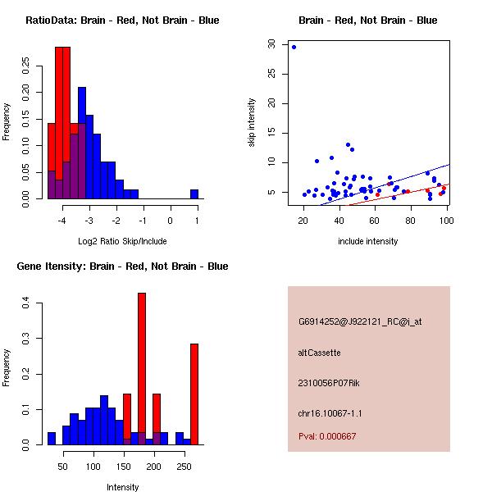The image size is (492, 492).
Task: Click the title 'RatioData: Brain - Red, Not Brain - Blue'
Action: tap(122, 20)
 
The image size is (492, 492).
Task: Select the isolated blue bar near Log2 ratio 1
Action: tap(194, 194)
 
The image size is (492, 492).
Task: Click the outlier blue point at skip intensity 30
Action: tap(294, 47)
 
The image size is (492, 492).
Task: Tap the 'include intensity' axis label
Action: tap(368, 241)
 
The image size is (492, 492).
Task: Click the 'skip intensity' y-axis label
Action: tap(253, 123)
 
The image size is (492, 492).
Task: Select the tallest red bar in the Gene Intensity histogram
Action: tap(142, 369)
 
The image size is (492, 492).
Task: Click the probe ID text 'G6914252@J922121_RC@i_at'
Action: tap(360, 322)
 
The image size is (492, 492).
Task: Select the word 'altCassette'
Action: tap(319, 353)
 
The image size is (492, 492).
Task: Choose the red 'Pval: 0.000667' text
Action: tap(326, 436)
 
